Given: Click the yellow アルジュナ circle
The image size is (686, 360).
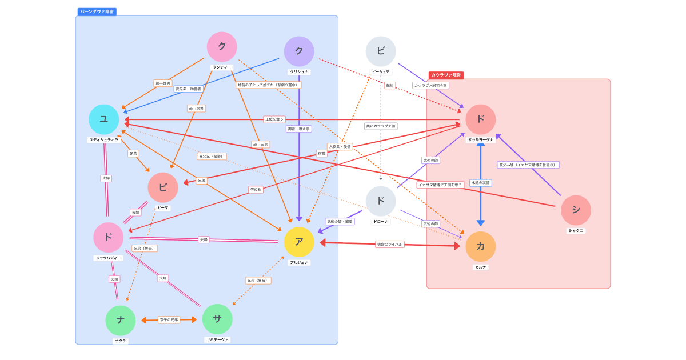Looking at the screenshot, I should point(299,242).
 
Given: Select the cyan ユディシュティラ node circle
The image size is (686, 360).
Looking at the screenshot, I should point(104,119).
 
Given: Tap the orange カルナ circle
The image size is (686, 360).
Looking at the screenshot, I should point(481,246).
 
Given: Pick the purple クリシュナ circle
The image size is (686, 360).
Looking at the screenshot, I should point(299,51).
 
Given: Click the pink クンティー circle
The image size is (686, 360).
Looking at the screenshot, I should point(222,47).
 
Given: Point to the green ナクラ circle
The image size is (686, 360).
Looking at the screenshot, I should point(121,321).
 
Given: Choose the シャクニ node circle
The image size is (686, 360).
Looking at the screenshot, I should point(576,210).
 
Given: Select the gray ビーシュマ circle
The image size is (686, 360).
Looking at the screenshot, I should point(381,51).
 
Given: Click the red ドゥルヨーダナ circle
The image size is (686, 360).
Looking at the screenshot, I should point(481,119).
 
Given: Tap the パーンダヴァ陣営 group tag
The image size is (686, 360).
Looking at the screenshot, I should point(97,11).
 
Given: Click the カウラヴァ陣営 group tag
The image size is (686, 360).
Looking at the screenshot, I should point(446,75).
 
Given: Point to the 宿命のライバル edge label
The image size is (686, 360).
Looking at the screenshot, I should point(389,244).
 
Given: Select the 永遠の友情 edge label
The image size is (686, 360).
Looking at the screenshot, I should point(481,183).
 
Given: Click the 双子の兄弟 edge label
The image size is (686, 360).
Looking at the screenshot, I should point(169,320).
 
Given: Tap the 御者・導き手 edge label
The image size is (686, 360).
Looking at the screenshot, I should point(299,129).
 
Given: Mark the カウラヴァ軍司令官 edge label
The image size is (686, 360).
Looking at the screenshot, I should point(430,85).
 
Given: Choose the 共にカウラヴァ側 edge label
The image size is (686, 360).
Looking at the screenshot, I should point(381,126).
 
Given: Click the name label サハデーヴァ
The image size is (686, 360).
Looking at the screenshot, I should point(217,339).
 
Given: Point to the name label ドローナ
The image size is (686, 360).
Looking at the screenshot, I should point(381,221).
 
